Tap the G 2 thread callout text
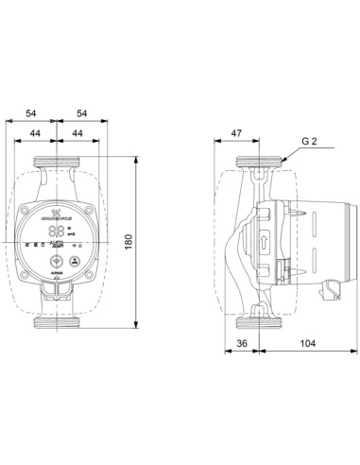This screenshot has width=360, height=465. pos(310,141)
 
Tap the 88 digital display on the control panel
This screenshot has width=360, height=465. pos(58,230)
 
